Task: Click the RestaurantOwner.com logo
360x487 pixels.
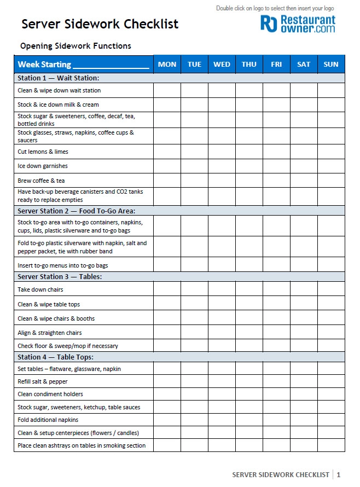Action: click(298, 24)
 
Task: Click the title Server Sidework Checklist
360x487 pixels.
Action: click(100, 24)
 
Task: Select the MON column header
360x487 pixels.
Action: click(167, 64)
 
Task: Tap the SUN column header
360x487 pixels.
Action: click(331, 64)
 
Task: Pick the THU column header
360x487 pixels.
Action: click(249, 64)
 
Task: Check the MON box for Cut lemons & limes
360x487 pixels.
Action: click(167, 152)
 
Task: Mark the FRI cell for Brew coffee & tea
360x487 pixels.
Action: click(276, 181)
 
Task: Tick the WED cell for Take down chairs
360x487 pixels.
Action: click(222, 289)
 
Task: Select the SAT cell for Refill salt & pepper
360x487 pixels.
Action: click(304, 381)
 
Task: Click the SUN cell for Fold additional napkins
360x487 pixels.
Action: click(331, 420)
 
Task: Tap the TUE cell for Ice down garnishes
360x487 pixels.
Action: click(194, 166)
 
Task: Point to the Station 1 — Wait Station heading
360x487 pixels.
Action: click(58, 78)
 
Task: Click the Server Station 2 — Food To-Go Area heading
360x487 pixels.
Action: click(76, 211)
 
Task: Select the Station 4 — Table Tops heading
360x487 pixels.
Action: click(55, 357)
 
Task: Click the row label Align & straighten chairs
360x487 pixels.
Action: click(50, 333)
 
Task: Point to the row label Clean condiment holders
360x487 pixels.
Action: click(50, 394)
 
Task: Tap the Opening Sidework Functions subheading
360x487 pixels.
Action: click(76, 46)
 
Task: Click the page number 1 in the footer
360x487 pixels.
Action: click(339, 474)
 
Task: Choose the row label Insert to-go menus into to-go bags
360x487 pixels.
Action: click(63, 265)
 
